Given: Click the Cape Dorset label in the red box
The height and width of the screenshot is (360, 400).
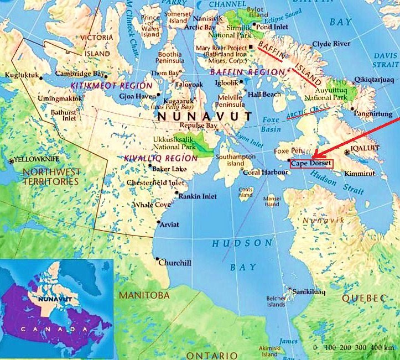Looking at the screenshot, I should pos(311,163).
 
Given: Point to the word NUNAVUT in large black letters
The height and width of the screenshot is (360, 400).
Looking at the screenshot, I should pos(205,117).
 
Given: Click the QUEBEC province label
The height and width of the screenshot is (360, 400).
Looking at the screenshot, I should pos(363,298).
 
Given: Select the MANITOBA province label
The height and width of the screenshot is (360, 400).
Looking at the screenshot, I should pos(144,295).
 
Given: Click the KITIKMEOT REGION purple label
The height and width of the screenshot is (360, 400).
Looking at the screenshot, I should pos(111,86).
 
